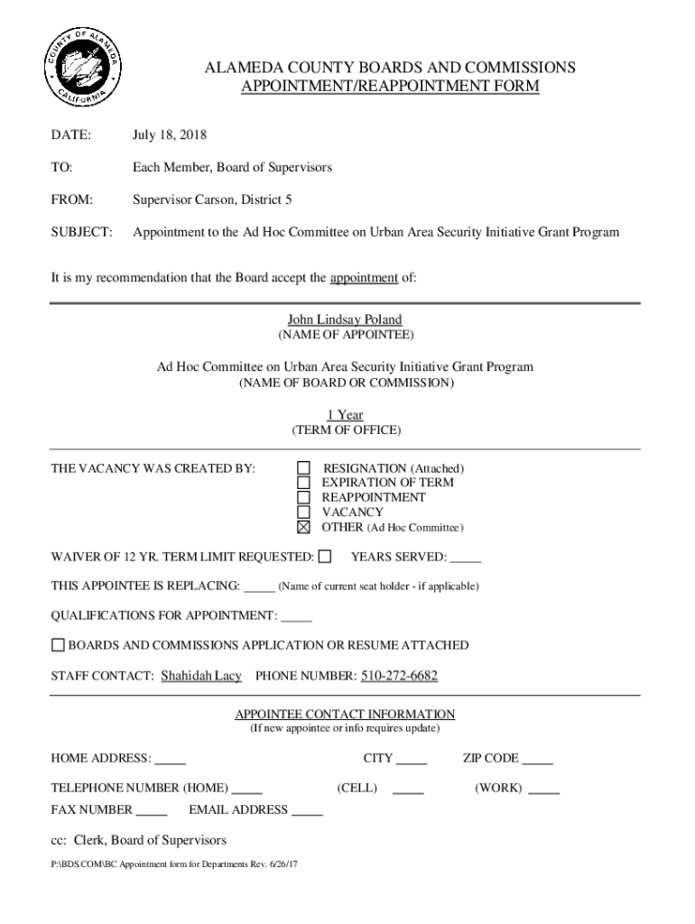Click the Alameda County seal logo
(81, 67)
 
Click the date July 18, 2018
(170, 135)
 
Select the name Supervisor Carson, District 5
(212, 199)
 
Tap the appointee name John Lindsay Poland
(345, 319)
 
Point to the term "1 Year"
(345, 415)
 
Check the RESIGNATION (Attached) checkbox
(303, 468)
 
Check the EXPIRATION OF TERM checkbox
(303, 483)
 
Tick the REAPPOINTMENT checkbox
(303, 497)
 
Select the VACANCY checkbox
(303, 512)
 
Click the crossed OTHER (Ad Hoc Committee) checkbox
(303, 527)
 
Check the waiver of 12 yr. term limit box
(325, 556)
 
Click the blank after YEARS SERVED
(466, 559)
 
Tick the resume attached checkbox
(58, 645)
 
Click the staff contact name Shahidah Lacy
(201, 676)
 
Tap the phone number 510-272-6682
(400, 676)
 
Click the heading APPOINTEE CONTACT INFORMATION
(345, 714)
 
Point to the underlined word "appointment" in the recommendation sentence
(364, 278)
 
